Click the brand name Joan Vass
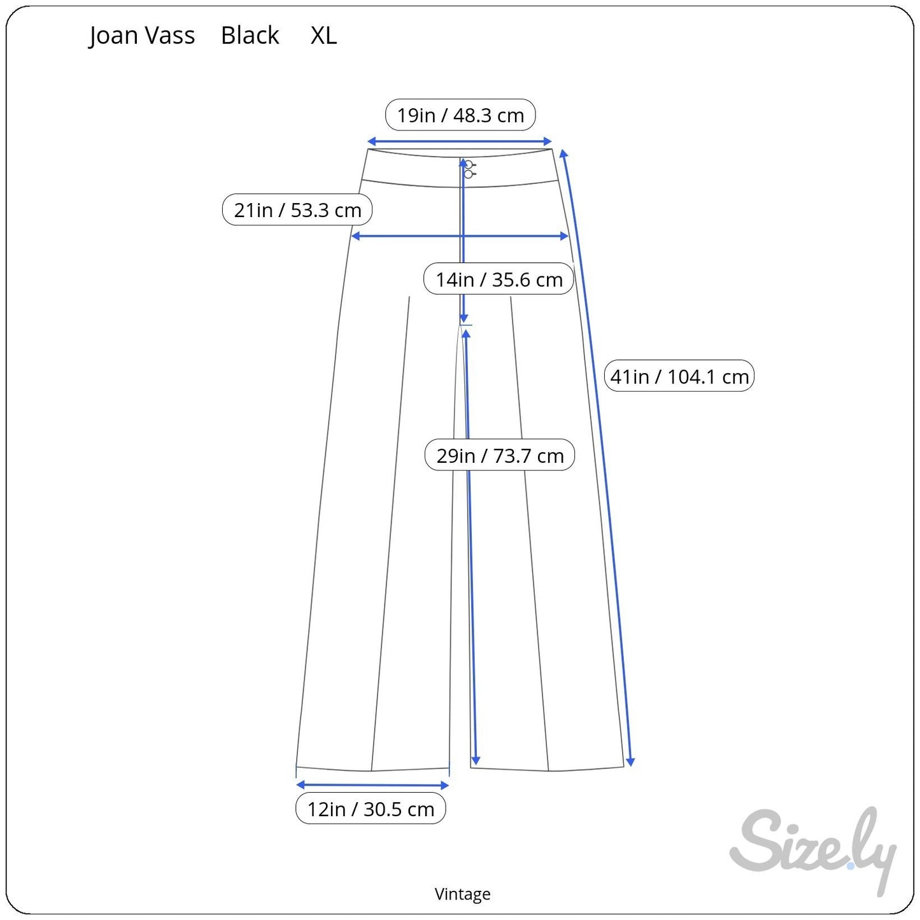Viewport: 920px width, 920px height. [x=142, y=36]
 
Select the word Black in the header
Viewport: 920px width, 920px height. [x=250, y=36]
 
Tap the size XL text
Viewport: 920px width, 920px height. [x=323, y=36]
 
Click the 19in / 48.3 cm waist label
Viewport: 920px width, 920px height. [x=460, y=115]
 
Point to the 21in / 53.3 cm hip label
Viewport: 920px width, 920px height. [x=297, y=210]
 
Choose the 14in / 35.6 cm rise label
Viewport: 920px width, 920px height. [x=499, y=280]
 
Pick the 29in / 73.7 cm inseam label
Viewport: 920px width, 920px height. [x=500, y=456]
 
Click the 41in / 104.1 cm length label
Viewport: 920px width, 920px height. [x=679, y=376]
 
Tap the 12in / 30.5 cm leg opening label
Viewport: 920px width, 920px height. [x=371, y=809]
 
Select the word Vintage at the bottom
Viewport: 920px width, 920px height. [x=462, y=894]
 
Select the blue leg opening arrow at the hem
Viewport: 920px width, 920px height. [x=372, y=785]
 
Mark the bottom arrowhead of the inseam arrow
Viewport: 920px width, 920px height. [x=476, y=760]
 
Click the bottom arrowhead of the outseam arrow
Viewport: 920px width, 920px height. [x=630, y=761]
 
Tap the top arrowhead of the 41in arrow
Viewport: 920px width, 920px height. [x=563, y=153]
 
